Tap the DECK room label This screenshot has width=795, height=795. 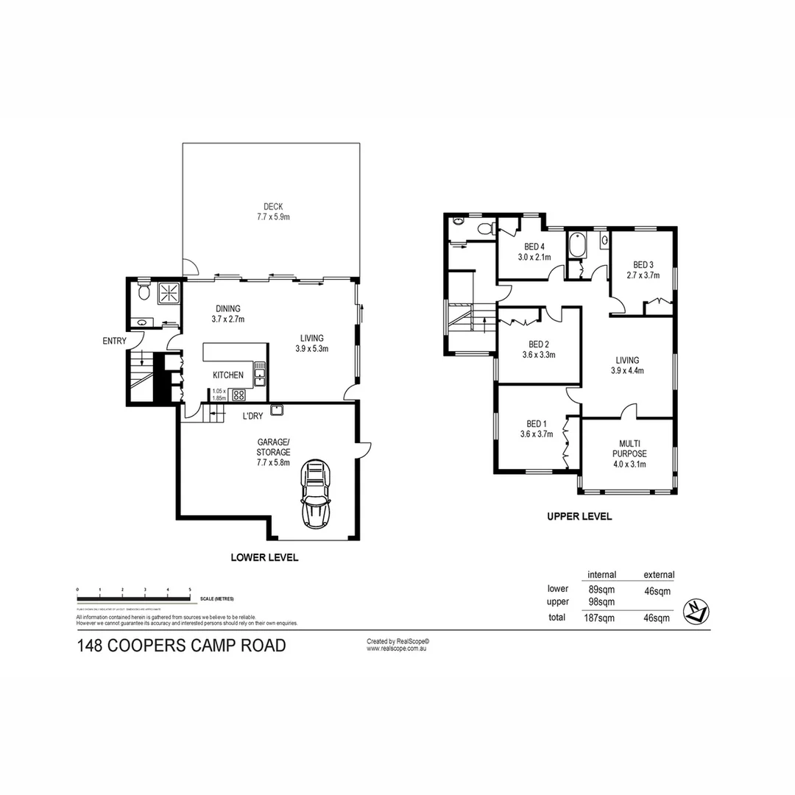click(273, 207)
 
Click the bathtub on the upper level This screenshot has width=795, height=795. click(576, 244)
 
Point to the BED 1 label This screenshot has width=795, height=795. click(537, 423)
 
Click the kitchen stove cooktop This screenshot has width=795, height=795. click(239, 395)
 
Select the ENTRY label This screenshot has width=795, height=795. click(114, 341)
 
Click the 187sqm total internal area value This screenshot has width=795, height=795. click(601, 618)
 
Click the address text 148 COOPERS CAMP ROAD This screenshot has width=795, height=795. click(181, 646)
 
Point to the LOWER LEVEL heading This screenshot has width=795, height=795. click(264, 557)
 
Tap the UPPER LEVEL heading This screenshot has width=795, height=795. click(579, 517)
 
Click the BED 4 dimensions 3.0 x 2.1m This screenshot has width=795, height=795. click(534, 257)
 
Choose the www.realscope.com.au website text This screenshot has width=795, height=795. click(397, 649)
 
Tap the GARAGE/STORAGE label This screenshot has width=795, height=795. click(273, 447)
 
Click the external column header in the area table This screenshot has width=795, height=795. click(658, 575)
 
